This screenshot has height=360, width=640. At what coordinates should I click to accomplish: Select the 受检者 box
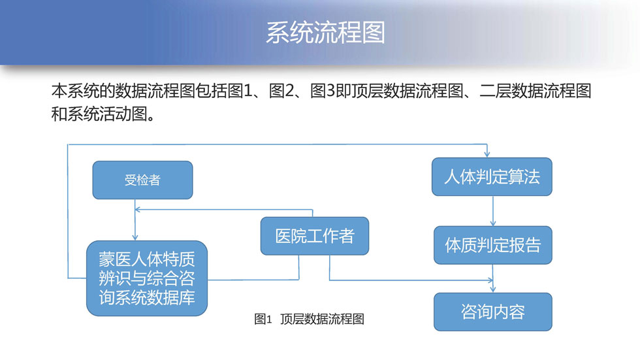click(142, 180)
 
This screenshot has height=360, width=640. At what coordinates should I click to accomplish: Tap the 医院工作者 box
click(314, 236)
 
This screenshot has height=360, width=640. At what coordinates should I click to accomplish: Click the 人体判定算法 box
click(492, 176)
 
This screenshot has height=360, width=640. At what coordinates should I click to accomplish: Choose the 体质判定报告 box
click(492, 245)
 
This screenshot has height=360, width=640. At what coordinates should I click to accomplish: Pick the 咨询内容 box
click(492, 312)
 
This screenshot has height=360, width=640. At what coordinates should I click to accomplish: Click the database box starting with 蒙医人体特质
click(147, 278)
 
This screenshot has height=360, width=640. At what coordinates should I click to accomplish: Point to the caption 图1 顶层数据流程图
click(309, 319)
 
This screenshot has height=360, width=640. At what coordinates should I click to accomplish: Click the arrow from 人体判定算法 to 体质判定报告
click(492, 210)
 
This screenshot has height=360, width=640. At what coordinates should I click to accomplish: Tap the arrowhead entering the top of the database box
click(135, 237)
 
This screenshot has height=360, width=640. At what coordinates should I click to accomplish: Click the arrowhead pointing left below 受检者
click(138, 210)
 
